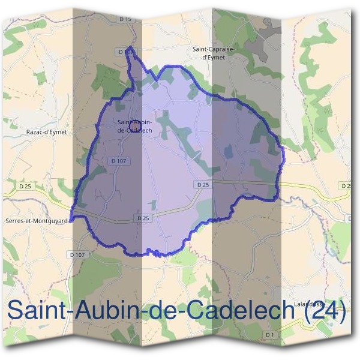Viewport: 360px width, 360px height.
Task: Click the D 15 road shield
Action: [125, 19]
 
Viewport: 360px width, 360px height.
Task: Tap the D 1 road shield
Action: [270, 334]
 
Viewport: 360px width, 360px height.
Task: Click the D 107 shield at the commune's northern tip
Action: [125, 52]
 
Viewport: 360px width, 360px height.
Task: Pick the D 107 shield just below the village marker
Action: [118, 161]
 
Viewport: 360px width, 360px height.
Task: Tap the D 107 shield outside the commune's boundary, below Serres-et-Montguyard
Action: [77, 254]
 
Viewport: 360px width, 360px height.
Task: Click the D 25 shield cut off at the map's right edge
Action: [346, 186]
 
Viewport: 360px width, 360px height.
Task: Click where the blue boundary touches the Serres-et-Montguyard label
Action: [71, 220]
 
